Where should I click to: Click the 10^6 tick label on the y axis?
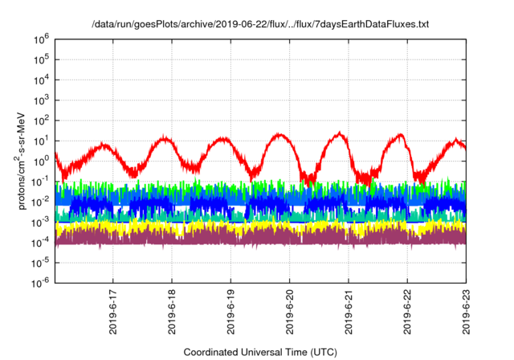(42, 39)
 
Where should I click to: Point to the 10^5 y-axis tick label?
(42, 59)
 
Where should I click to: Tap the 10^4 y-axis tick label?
(42, 79)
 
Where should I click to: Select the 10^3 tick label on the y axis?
(42, 100)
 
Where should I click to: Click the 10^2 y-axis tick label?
(42, 120)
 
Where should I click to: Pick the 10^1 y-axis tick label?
(42, 140)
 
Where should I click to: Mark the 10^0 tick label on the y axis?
(42, 160)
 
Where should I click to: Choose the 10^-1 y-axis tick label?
(41, 181)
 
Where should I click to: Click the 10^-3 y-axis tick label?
(41, 221)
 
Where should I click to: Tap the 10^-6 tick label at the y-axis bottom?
(41, 282)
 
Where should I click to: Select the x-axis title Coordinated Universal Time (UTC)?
(260, 352)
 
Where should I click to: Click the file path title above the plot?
(260, 25)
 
